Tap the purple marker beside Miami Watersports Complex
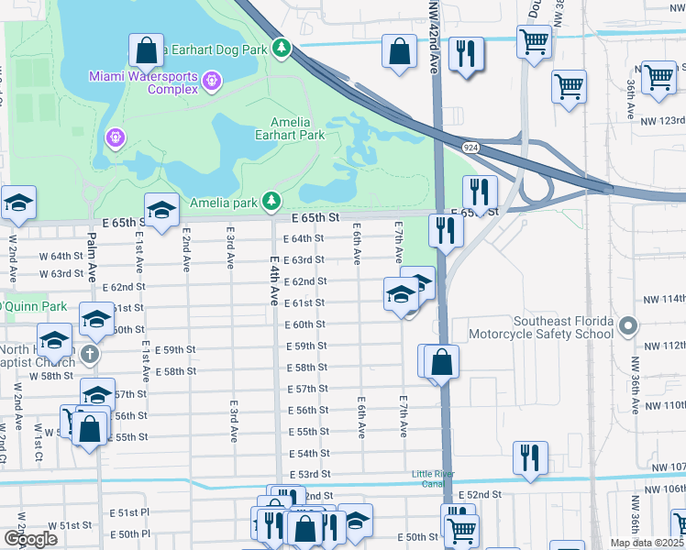pyautogui.click(x=213, y=82)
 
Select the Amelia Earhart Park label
pyautogui.click(x=297, y=128)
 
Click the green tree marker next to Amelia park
pyautogui.click(x=271, y=201)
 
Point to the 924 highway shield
pyautogui.click(x=469, y=146)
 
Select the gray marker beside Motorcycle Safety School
pyautogui.click(x=628, y=325)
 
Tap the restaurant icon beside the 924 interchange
pyautogui.click(x=479, y=192)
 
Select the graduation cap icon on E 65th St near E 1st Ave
pyautogui.click(x=160, y=212)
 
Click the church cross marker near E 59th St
pyautogui.click(x=89, y=353)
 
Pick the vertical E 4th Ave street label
pyautogui.click(x=273, y=281)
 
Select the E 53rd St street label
pyautogui.click(x=308, y=475)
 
